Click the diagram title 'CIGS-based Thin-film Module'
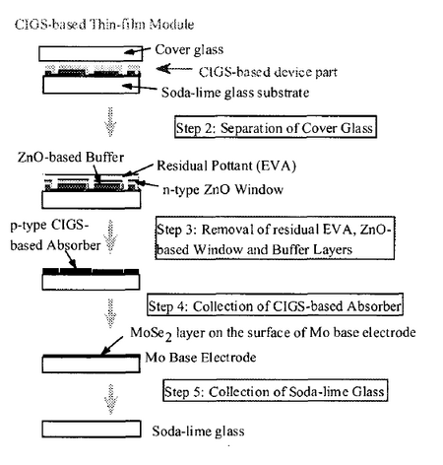(104, 25)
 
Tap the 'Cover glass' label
(189, 49)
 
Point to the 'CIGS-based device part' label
(268, 72)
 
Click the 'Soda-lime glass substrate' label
(235, 93)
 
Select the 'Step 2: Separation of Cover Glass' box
(276, 127)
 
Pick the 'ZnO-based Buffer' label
(71, 157)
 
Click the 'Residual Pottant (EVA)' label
(226, 166)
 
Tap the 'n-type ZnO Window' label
(223, 189)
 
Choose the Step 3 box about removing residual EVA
(275, 238)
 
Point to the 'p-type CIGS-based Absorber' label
(55, 235)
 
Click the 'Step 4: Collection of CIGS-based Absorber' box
(275, 304)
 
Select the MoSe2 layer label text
(273, 333)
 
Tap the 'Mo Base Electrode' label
(201, 358)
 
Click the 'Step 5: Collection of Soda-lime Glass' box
(276, 390)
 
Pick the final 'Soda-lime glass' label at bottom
(198, 431)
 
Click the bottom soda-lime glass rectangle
(92, 430)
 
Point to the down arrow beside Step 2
(110, 121)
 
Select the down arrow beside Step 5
(111, 399)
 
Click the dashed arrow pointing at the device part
(174, 69)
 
